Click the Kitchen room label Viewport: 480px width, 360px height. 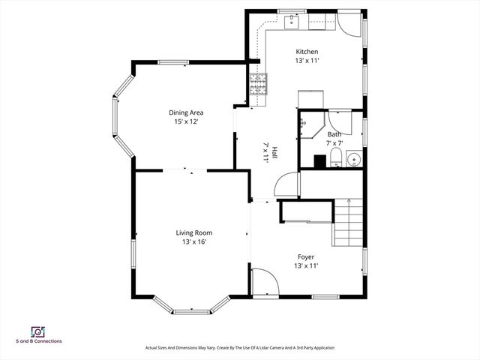coord(307,51)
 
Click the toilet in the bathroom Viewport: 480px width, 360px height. coord(335,157)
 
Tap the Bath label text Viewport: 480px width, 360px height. coord(334,134)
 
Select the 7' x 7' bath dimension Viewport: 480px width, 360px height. coord(334,142)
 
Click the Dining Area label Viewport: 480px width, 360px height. coord(186,112)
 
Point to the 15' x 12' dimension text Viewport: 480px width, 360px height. coord(186,121)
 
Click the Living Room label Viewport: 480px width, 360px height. coord(194,232)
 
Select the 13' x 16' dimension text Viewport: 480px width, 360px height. coord(194,241)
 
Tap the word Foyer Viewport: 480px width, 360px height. coord(306,256)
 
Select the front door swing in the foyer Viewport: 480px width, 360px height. coord(264,280)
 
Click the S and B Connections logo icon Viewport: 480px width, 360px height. coord(36,331)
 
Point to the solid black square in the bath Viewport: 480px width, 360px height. coord(319,160)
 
